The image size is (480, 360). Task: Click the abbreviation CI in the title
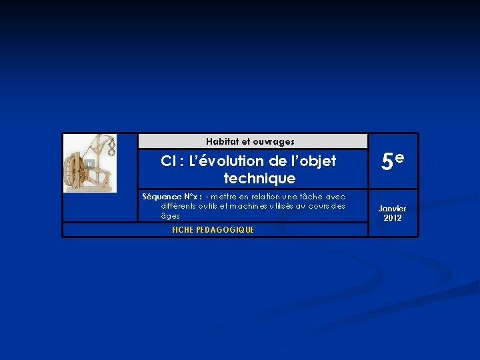(168, 161)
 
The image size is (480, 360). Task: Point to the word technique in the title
(259, 179)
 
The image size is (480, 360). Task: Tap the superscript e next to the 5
(399, 157)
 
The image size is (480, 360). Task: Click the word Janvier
(393, 209)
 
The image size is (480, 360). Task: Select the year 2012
(393, 218)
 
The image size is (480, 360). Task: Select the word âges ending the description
(170, 216)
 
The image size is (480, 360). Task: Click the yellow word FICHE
(181, 230)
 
